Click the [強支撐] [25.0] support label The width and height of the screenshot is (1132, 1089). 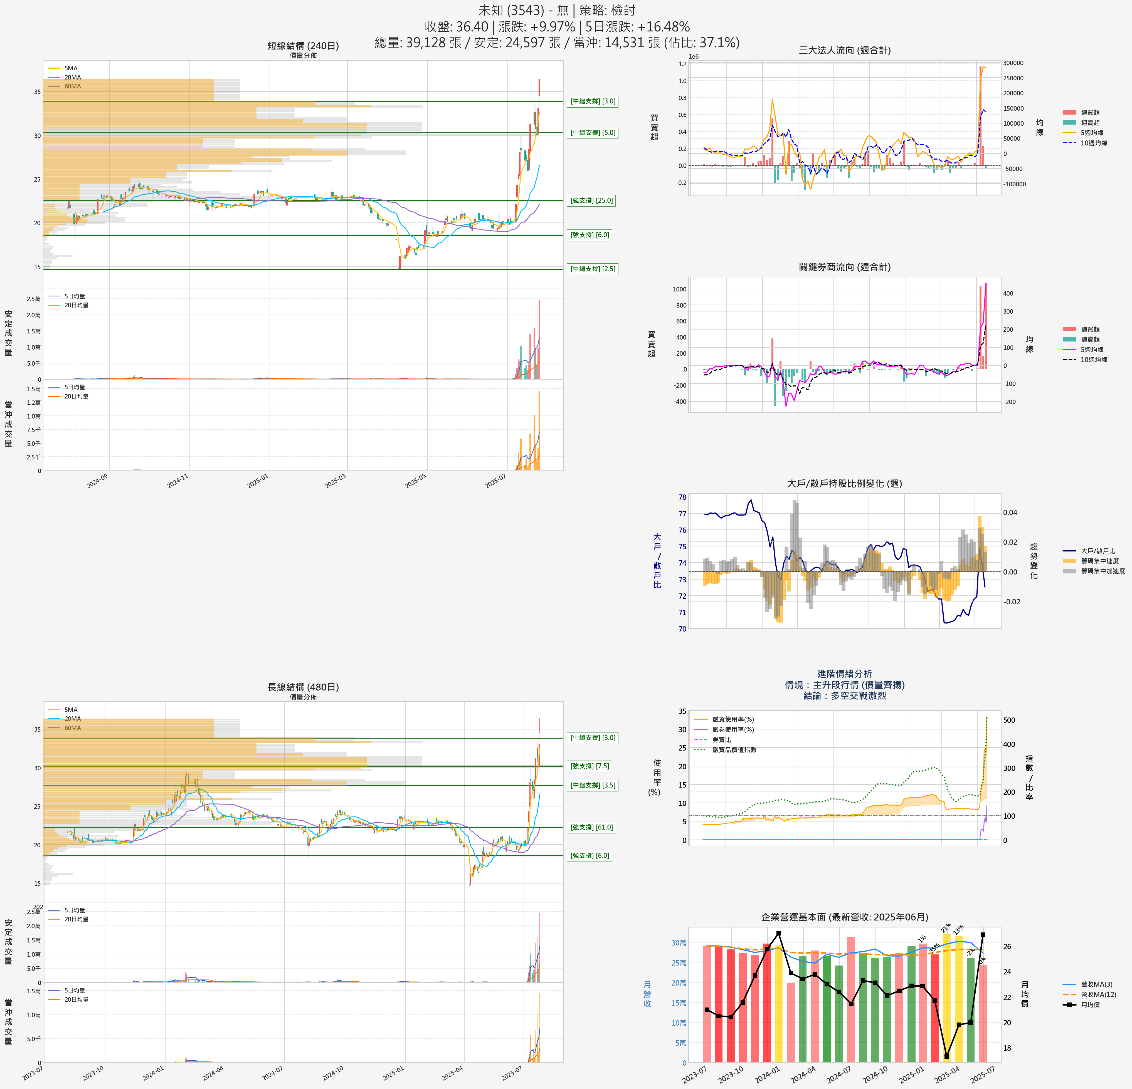coord(592,200)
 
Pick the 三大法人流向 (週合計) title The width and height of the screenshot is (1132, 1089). coord(844,50)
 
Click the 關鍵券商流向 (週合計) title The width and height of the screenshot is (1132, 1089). coord(844,267)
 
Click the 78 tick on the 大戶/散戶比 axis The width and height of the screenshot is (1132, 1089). coord(682,497)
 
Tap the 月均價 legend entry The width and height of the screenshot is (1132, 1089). coord(1090,1005)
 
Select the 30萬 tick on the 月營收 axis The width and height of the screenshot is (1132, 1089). coord(679,943)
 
